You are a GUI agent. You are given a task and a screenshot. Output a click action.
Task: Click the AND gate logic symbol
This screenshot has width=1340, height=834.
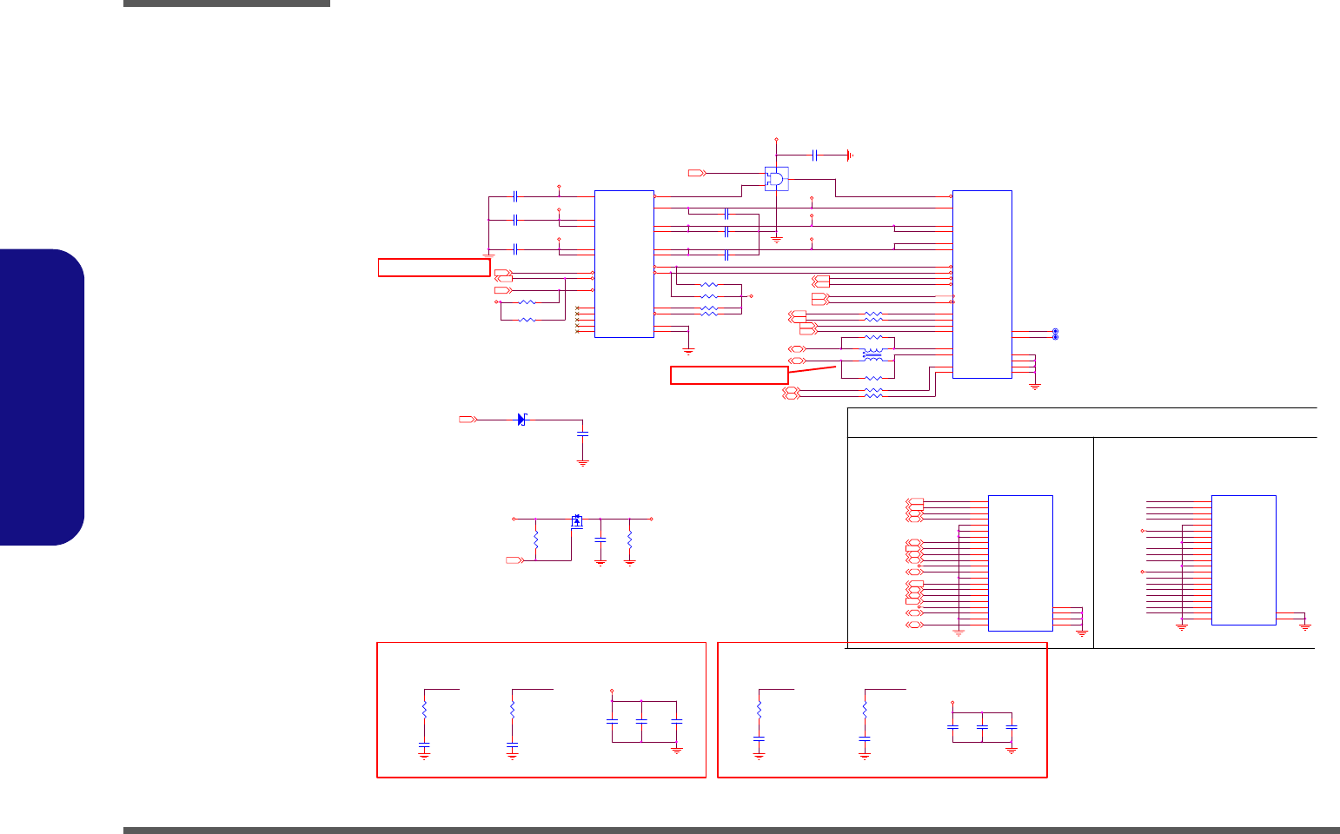[x=776, y=179]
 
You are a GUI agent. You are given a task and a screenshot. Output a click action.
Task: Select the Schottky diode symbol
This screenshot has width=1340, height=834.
[x=521, y=420]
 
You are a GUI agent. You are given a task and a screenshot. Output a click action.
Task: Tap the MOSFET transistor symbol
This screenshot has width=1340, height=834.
[x=577, y=521]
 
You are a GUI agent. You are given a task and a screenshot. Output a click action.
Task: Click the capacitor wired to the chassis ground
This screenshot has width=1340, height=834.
[x=814, y=155]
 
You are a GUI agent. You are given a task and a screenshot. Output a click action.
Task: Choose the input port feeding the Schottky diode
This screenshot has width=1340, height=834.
[x=468, y=420]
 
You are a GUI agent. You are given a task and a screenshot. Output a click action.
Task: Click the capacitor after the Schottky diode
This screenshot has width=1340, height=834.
[x=583, y=433]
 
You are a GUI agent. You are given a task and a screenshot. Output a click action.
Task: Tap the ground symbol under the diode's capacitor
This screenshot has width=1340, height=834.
[x=583, y=463]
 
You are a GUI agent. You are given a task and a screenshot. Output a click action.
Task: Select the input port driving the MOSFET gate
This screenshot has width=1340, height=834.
[x=514, y=561]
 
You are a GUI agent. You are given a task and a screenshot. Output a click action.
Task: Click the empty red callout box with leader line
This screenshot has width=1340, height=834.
[x=729, y=374]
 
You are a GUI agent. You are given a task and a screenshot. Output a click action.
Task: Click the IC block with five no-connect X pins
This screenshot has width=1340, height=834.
[x=624, y=263]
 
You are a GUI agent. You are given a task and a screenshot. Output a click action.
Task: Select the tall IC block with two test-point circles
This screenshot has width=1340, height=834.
[x=982, y=284]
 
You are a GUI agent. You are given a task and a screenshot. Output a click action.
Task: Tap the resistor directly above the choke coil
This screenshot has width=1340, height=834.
[x=874, y=338]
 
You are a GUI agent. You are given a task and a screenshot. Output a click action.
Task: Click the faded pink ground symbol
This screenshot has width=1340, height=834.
[x=959, y=632]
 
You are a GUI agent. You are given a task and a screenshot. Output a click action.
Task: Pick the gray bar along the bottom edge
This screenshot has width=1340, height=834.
[x=731, y=830]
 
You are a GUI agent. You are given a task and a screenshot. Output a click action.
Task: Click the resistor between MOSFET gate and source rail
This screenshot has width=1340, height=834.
[x=536, y=539]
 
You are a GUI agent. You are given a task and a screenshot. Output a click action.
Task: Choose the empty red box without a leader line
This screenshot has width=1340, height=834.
[x=434, y=268]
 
